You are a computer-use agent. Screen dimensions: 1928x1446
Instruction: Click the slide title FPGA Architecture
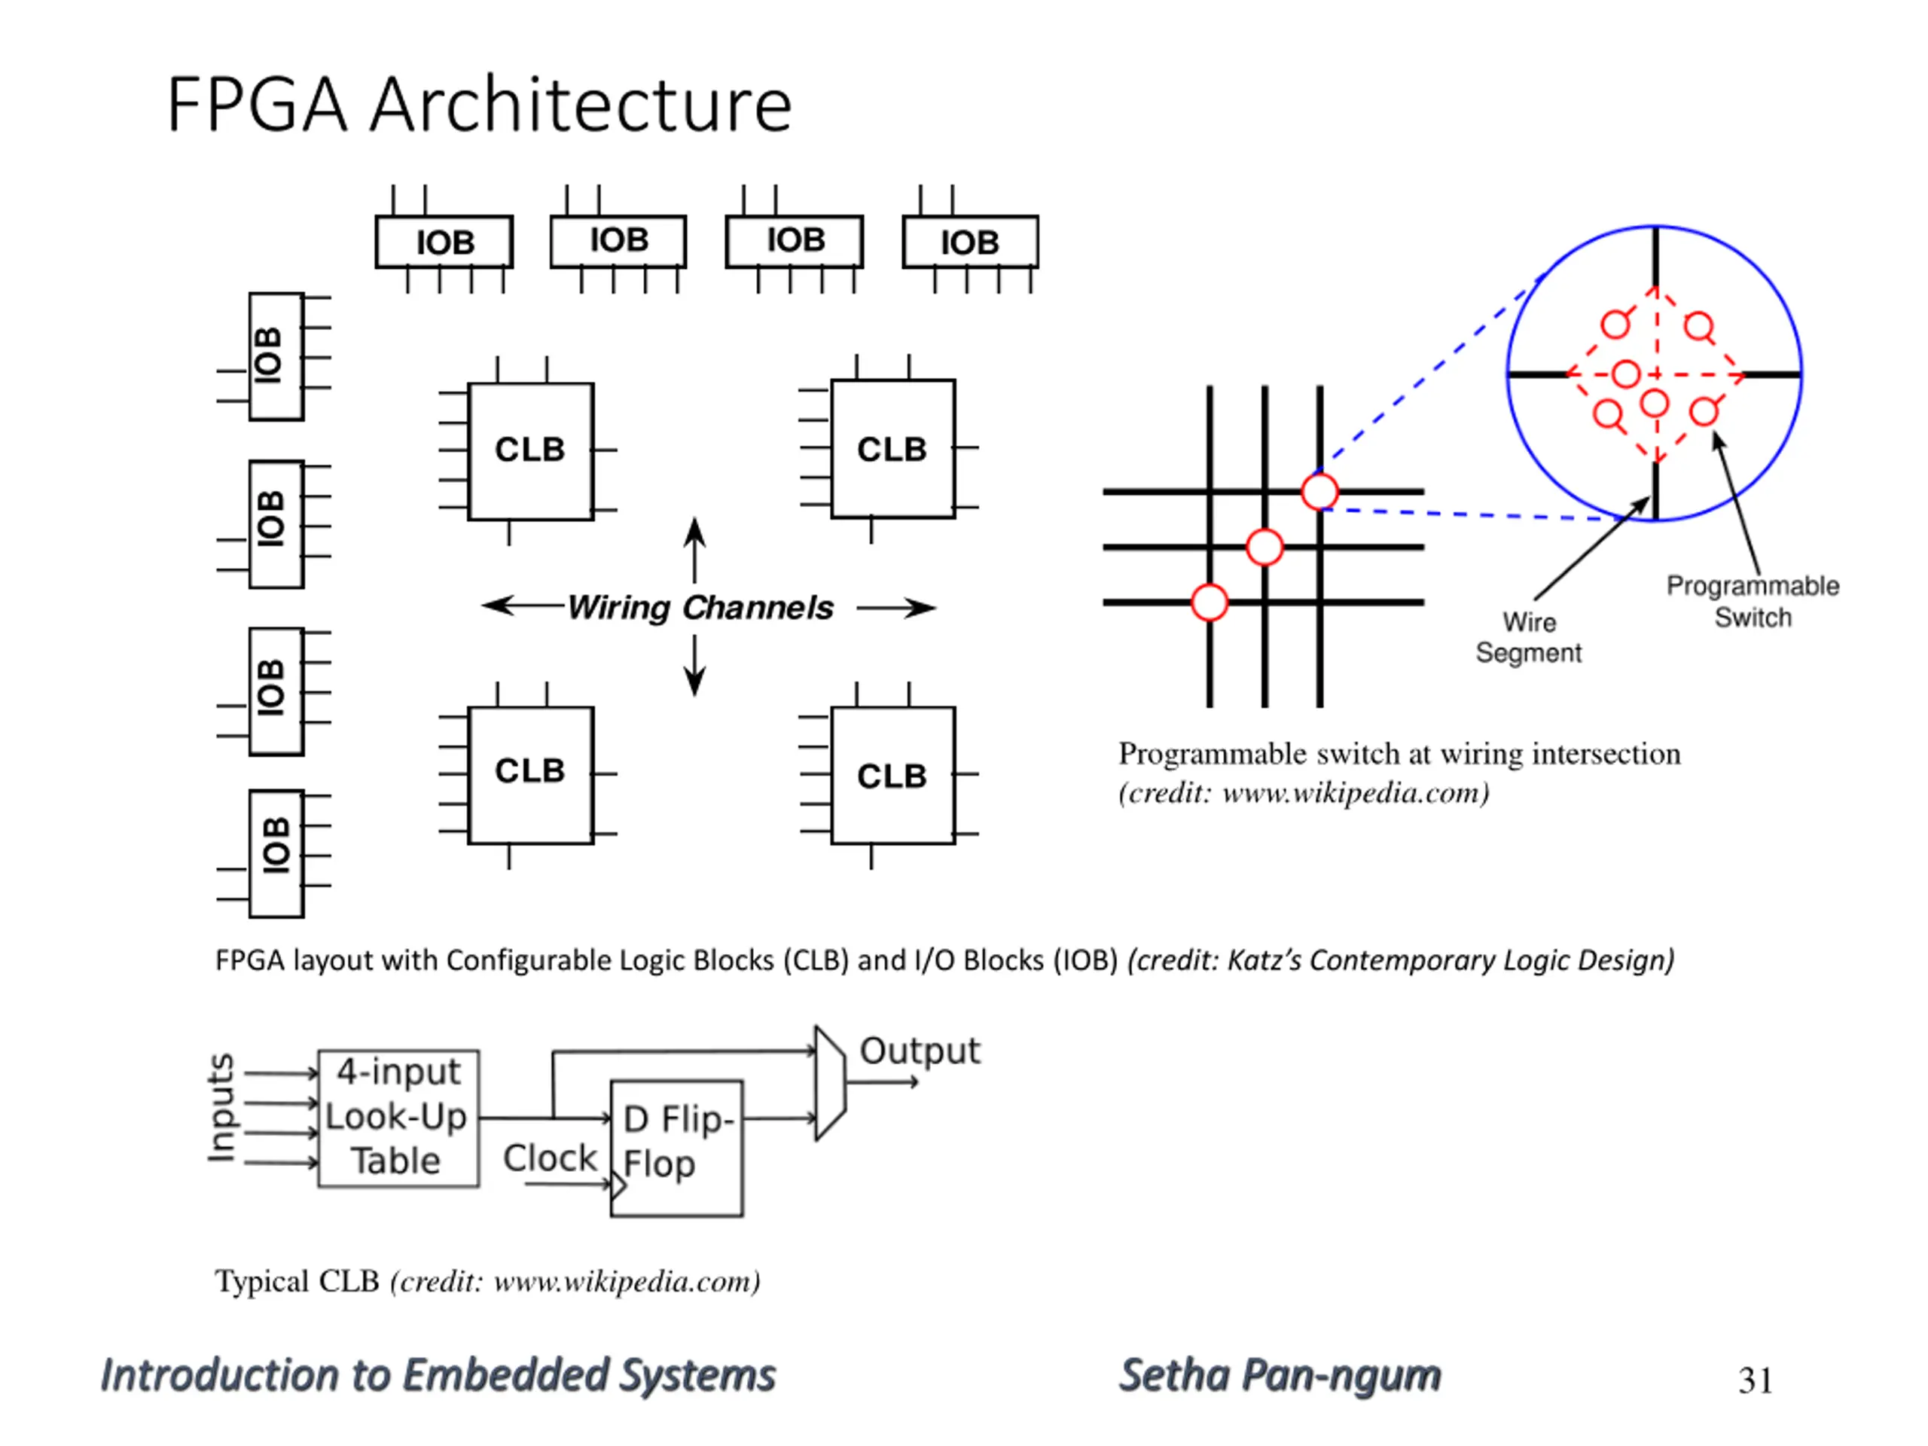(x=480, y=105)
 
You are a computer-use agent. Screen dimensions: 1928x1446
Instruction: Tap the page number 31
(x=1755, y=1380)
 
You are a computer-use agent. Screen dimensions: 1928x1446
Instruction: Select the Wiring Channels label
(x=700, y=608)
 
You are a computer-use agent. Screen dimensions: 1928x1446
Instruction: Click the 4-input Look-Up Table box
(x=398, y=1118)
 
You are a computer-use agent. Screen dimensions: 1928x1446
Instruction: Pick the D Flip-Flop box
(x=677, y=1148)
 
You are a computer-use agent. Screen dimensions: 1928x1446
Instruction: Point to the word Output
(x=920, y=1052)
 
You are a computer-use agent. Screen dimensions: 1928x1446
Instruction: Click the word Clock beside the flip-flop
(x=550, y=1158)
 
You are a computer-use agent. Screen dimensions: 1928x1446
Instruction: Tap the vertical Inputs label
(x=222, y=1107)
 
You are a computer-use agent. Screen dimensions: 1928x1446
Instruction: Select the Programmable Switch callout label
(x=1753, y=602)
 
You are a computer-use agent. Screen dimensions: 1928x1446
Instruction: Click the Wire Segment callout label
(x=1528, y=637)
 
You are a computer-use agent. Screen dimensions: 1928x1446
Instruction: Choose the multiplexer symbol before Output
(x=830, y=1084)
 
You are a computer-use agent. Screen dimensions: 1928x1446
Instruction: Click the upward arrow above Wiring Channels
(x=694, y=550)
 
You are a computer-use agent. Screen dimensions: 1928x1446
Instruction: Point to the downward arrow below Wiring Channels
(x=694, y=666)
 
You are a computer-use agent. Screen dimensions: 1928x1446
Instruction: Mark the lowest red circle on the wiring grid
(x=1210, y=602)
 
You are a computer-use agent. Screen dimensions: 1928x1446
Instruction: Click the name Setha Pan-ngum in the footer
(x=1280, y=1376)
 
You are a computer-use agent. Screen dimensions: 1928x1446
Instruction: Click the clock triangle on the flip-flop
(x=619, y=1185)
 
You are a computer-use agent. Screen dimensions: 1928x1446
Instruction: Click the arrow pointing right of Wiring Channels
(x=896, y=608)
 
